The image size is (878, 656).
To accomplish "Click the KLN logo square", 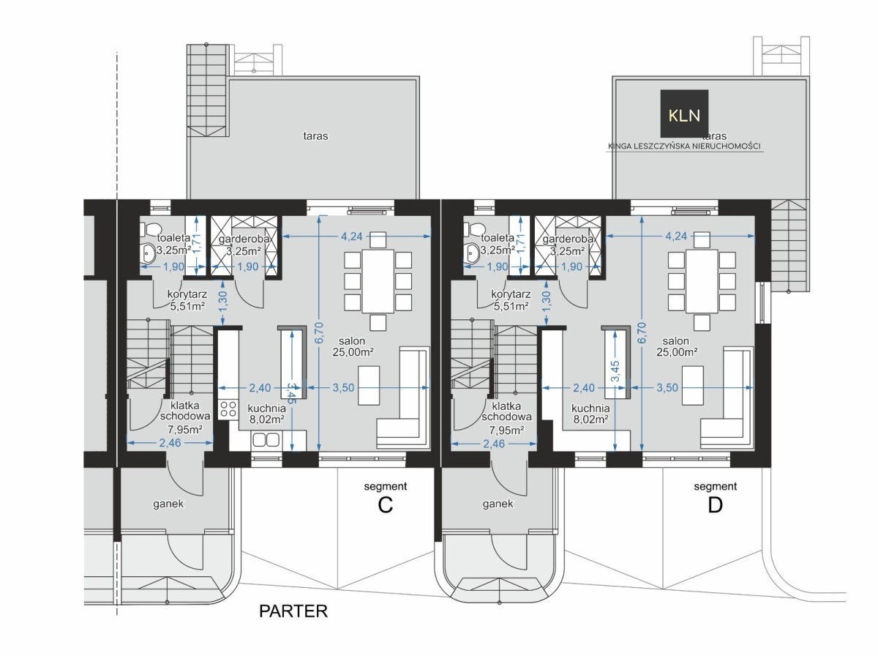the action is (x=684, y=113).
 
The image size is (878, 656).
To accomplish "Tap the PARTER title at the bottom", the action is (x=293, y=611).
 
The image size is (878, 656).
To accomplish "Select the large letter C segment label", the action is (x=385, y=505).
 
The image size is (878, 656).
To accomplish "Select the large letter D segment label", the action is (x=715, y=505).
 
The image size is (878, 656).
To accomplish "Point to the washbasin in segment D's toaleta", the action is (x=470, y=253).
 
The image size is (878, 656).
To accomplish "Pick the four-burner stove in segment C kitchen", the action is (x=228, y=409).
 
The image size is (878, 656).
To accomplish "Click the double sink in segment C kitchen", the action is (x=266, y=440).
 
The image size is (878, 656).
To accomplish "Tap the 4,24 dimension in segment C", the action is (x=352, y=236).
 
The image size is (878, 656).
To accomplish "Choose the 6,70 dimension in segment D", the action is (x=641, y=332).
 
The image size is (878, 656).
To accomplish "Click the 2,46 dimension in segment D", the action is (x=494, y=444).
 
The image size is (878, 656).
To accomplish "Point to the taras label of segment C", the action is (x=315, y=136).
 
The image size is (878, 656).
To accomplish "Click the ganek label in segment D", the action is (x=498, y=504).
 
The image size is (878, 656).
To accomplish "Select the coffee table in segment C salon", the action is (x=369, y=385).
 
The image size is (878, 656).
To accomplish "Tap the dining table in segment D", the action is (x=702, y=281).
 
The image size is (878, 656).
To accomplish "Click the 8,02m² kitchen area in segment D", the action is (x=590, y=420).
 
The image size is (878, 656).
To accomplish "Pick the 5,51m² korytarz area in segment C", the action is (x=187, y=307).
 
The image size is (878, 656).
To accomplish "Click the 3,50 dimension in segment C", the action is (x=343, y=387).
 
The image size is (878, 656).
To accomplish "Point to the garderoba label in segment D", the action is (x=568, y=239).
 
